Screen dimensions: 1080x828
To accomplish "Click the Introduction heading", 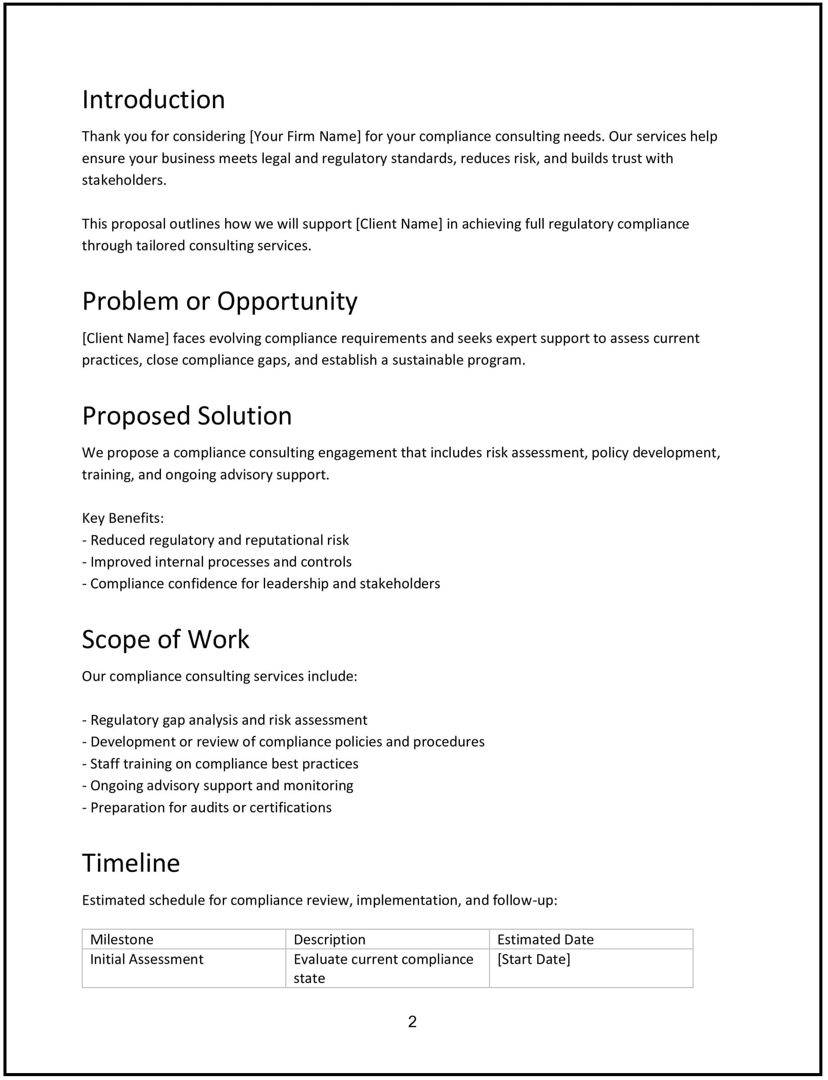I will [x=153, y=100].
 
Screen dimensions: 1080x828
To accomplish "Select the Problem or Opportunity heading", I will [x=219, y=301].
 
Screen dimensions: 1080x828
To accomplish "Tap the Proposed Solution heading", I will [x=187, y=415].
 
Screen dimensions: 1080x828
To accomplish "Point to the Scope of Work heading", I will [x=166, y=640].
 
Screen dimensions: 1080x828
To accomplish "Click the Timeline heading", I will [x=131, y=863].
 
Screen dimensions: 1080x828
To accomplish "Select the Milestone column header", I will [x=122, y=939].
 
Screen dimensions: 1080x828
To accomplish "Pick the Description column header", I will [x=329, y=939].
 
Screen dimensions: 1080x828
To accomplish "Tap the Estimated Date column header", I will [x=545, y=939].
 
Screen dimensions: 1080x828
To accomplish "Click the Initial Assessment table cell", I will [x=146, y=959].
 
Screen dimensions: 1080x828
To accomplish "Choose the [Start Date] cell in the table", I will [x=533, y=959].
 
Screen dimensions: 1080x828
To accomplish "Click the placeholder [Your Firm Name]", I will [x=305, y=137].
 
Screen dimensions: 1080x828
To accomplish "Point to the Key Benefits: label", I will [x=123, y=518].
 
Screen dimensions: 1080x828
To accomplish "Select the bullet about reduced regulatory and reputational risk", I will [x=215, y=540].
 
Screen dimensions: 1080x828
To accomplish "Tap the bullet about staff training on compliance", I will [x=220, y=764].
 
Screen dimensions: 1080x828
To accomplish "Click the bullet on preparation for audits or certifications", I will [x=207, y=808].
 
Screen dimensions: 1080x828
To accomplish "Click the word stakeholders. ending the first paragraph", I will [x=124, y=180].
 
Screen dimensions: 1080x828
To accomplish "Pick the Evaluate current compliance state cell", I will [x=383, y=969].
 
